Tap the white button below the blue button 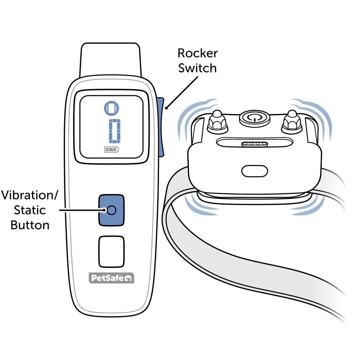[x=111, y=252]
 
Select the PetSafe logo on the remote [x=111, y=278]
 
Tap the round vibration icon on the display [x=111, y=108]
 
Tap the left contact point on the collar [x=217, y=121]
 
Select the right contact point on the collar [x=292, y=121]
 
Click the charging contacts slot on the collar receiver [x=255, y=144]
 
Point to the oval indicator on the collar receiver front [x=255, y=171]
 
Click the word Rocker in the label [x=198, y=53]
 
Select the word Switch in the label [x=198, y=68]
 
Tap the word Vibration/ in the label [x=29, y=195]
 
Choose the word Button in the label [x=30, y=225]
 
